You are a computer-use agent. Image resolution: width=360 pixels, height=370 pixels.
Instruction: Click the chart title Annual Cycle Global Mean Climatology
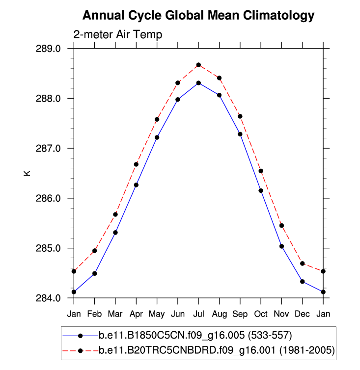(198, 16)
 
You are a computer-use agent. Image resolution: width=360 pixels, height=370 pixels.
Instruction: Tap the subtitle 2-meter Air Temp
(117, 35)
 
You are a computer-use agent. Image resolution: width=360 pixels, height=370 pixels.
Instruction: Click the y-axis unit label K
(28, 173)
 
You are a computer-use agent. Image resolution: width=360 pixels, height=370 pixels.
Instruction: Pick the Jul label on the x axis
(198, 313)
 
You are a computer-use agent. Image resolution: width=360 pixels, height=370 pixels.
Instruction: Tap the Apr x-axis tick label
(136, 313)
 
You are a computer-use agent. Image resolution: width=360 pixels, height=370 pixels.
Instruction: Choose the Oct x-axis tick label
(261, 313)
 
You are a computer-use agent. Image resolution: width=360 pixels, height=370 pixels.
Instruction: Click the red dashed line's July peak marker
(198, 65)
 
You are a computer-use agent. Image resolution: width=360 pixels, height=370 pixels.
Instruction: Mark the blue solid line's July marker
(198, 83)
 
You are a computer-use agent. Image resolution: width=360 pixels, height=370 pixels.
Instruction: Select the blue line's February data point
(94, 273)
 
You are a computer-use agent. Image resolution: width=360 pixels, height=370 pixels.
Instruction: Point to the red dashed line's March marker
(115, 214)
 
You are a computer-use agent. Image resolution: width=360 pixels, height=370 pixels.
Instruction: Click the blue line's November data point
(282, 246)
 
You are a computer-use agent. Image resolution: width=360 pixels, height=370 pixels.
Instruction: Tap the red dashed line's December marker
(303, 264)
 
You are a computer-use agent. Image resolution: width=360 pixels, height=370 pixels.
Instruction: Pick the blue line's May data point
(157, 137)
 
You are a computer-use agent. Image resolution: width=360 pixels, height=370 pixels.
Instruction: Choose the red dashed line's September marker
(240, 116)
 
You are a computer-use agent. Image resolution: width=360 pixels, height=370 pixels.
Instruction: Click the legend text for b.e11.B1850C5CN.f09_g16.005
(195, 336)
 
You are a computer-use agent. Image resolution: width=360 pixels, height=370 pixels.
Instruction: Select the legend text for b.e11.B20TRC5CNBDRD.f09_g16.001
(217, 350)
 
